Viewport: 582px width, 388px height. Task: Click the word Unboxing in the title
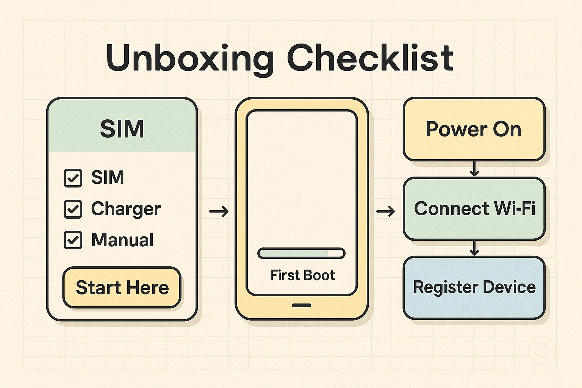tap(189, 59)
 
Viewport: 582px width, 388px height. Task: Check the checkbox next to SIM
tap(73, 178)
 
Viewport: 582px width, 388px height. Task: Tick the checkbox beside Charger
tap(73, 209)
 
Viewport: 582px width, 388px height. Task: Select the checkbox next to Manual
tap(73, 240)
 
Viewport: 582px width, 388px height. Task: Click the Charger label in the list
tap(126, 209)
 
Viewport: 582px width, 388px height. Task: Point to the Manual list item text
tap(122, 240)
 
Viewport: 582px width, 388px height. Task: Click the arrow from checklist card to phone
tap(219, 211)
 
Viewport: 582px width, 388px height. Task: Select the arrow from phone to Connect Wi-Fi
tap(385, 211)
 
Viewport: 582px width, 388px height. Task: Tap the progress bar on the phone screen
tap(301, 253)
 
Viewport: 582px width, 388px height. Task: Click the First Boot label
tap(302, 275)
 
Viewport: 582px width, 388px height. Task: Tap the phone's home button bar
tap(302, 305)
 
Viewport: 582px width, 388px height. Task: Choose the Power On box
tap(474, 129)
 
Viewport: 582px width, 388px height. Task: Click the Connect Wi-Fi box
tap(474, 209)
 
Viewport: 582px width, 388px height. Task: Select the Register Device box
tap(474, 288)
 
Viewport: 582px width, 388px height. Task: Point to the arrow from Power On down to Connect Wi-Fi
tap(474, 169)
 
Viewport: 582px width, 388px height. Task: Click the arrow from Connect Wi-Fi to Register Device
tap(474, 248)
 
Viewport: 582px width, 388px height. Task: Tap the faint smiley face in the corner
tap(541, 350)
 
